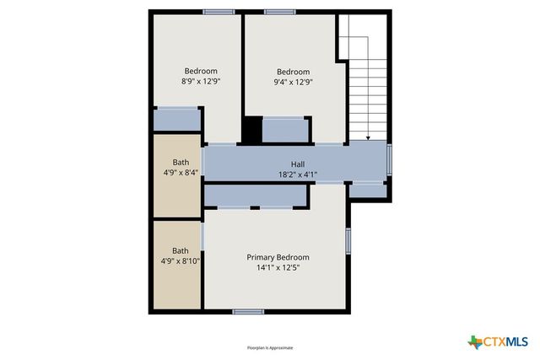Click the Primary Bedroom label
pos(278,257)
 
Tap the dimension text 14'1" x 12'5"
pos(278,267)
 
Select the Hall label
pos(298,164)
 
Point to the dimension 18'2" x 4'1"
pos(298,175)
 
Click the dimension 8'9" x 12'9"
pos(201,81)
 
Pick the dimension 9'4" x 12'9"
pos(293,82)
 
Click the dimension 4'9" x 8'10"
pos(181,261)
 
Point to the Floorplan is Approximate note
pos(270,347)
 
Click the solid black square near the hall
pos(251,130)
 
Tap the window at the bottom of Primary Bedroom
pos(248,312)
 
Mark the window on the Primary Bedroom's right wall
pos(348,239)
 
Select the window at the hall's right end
pos(389,159)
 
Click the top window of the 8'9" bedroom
pos(219,12)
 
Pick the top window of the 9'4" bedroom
pos(278,12)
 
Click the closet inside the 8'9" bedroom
pos(176,119)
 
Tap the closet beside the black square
pos(285,130)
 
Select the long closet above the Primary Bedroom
pos(254,196)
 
